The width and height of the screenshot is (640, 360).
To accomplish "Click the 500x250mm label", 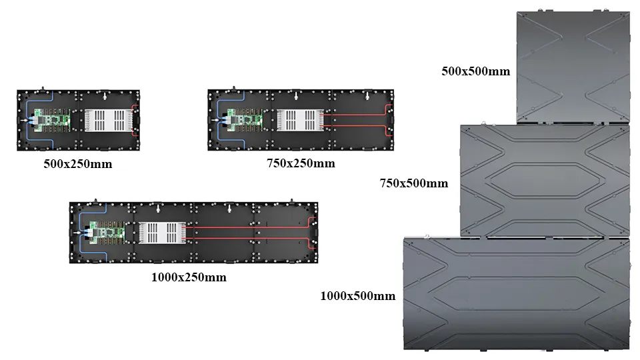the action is [77, 164].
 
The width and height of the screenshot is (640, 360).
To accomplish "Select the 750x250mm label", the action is [301, 163].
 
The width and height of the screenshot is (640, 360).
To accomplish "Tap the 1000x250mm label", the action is [189, 277].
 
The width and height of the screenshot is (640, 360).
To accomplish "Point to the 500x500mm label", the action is [475, 71].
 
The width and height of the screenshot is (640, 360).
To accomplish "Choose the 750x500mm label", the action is [414, 183].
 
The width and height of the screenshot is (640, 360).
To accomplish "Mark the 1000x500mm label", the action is [357, 296].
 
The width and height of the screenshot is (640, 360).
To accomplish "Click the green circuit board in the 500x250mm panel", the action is [52, 120].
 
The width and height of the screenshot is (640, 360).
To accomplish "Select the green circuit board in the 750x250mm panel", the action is [245, 120].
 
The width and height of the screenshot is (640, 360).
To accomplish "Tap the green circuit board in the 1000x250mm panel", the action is [107, 233].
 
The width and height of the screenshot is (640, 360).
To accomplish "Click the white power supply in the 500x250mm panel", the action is [108, 120].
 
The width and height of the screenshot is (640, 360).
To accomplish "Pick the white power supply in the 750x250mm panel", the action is [301, 120].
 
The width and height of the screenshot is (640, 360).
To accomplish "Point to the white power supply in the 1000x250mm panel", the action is [162, 233].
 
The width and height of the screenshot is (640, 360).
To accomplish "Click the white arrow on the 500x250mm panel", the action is [25, 121].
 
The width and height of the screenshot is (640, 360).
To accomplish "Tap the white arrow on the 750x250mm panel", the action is [215, 121].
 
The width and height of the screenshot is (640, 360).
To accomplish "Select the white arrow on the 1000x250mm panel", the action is [77, 233].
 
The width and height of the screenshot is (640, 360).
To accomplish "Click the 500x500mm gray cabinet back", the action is [573, 67].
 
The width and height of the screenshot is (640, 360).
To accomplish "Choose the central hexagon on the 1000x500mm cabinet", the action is [515, 294].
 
